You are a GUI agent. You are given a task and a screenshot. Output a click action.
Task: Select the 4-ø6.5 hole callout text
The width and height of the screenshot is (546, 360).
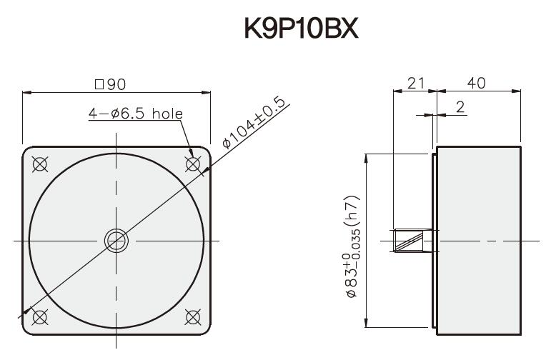click(x=136, y=114)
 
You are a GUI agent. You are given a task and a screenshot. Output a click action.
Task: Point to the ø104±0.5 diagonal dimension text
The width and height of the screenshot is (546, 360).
click(x=254, y=122)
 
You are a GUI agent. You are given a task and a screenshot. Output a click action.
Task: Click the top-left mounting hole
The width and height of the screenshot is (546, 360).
click(x=40, y=164)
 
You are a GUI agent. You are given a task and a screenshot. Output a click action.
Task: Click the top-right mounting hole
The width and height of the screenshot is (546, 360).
click(x=192, y=164)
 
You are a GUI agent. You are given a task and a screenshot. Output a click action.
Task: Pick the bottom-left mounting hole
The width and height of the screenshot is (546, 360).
click(x=40, y=316)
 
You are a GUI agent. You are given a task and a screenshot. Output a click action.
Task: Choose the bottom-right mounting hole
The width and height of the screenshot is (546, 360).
click(x=192, y=316)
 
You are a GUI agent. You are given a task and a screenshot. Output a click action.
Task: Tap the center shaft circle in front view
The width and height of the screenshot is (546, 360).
click(x=116, y=240)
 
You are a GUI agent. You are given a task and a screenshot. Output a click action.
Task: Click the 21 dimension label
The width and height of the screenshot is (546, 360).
click(x=415, y=83)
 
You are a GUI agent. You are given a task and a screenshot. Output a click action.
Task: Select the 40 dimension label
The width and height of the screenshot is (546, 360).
click(x=477, y=83)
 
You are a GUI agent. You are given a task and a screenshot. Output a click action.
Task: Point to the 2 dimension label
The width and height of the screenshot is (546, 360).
click(x=460, y=106)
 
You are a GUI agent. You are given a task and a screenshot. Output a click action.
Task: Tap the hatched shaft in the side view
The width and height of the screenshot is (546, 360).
click(x=412, y=240)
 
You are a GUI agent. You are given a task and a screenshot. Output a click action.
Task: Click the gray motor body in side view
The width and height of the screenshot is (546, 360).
click(x=478, y=240)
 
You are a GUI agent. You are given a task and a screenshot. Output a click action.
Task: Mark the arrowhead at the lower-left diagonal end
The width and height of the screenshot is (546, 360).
click(x=28, y=312)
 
